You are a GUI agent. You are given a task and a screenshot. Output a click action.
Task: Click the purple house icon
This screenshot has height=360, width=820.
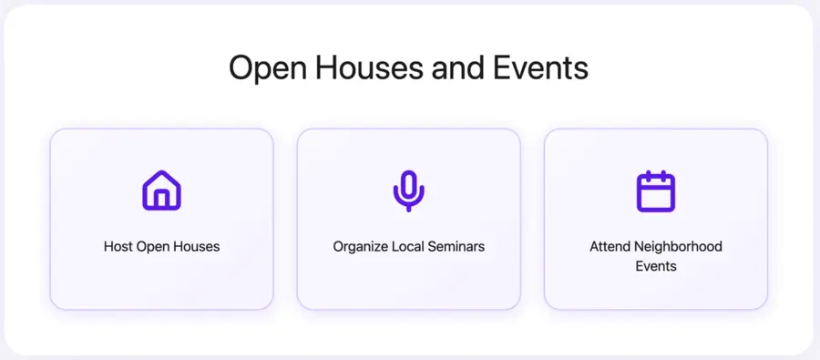[x=161, y=190]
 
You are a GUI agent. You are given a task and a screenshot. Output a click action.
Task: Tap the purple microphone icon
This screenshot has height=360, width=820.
[x=408, y=190]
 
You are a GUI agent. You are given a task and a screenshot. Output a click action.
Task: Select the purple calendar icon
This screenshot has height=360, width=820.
[x=655, y=190]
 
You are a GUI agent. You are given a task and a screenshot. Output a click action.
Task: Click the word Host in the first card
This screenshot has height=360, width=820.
[x=118, y=246]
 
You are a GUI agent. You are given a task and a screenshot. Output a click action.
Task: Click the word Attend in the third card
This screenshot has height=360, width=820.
[x=609, y=246]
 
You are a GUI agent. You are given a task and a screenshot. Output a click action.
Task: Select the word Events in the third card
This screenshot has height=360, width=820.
[x=655, y=266]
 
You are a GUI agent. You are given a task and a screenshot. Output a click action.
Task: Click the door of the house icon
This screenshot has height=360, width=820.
[x=161, y=200]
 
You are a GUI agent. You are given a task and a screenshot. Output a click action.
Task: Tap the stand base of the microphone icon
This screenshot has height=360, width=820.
[x=408, y=209]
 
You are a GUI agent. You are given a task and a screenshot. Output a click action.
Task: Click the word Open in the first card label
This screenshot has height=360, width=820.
[x=152, y=246]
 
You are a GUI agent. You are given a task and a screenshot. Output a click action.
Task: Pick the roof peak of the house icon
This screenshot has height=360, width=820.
[x=161, y=173]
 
